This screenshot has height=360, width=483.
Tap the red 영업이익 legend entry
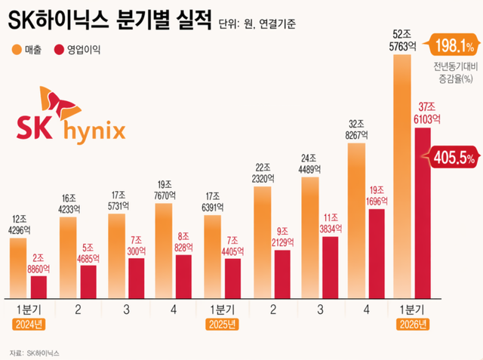(x=75, y=50)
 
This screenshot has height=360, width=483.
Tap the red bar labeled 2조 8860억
(x=39, y=287)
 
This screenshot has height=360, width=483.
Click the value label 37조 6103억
(x=425, y=113)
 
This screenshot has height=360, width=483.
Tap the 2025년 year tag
(x=220, y=325)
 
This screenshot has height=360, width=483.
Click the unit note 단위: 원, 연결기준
(x=257, y=23)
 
